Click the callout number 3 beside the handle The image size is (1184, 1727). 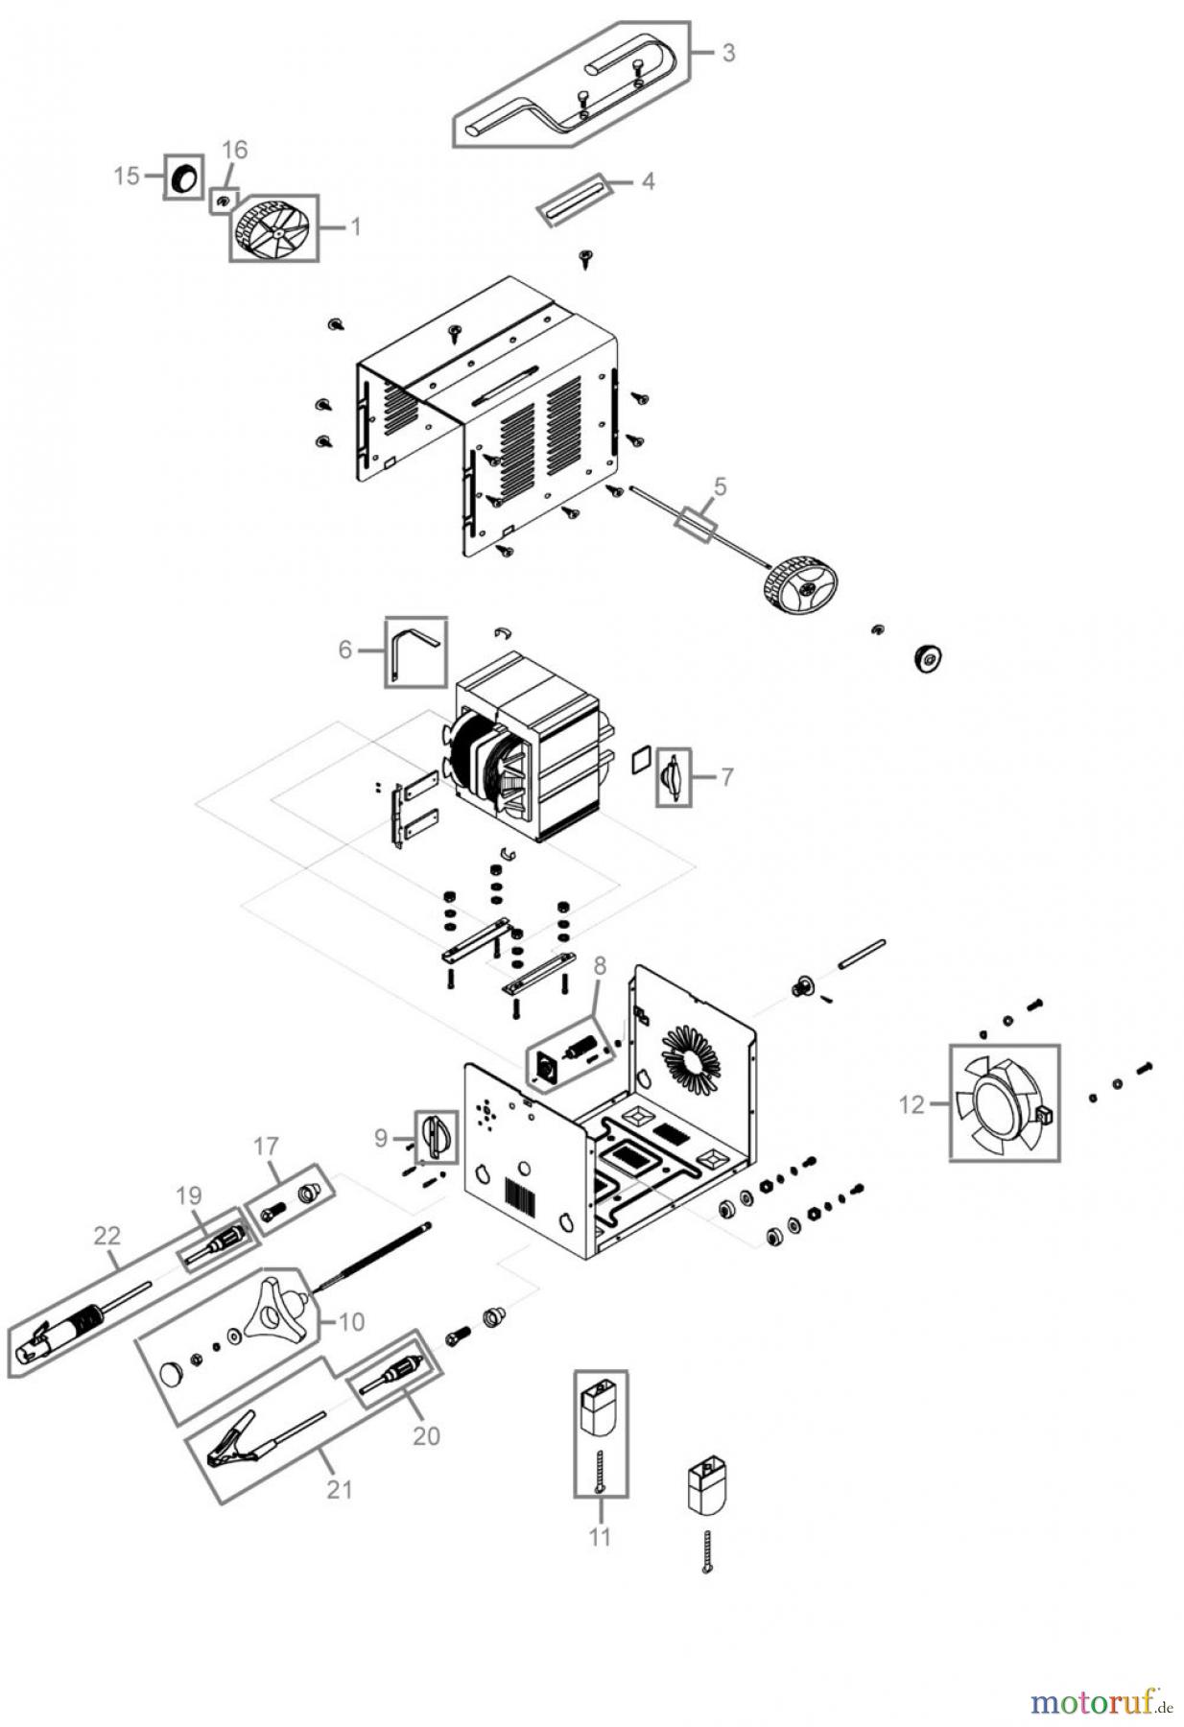pos(728,53)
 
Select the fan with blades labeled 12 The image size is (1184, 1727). pos(1004,1103)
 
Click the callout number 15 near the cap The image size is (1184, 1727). pos(126,176)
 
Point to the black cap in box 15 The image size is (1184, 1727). pos(183,177)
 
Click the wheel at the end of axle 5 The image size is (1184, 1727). pos(801,584)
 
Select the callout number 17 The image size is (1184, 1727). pos(266,1146)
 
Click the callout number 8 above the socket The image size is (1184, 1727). pos(600,966)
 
